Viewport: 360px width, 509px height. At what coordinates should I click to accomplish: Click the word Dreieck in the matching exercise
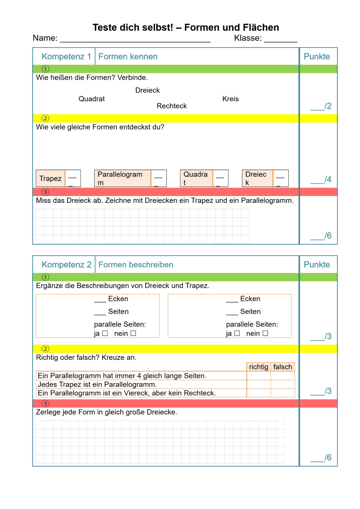147,90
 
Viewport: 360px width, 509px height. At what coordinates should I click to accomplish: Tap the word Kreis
231,99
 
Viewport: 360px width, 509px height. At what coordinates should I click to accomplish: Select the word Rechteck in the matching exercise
172,106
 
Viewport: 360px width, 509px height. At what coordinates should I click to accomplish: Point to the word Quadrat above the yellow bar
92,99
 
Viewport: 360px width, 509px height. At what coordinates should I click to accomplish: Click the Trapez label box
51,179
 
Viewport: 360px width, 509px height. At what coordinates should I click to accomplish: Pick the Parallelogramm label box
122,179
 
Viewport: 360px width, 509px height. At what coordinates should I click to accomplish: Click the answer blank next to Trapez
73,179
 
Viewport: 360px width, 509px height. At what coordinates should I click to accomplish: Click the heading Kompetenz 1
66,56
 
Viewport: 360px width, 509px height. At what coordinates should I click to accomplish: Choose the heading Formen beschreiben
136,265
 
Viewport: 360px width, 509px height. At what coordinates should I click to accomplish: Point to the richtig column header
259,367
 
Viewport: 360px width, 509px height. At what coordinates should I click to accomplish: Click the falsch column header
283,367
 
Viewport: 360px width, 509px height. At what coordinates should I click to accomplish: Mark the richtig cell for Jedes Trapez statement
259,384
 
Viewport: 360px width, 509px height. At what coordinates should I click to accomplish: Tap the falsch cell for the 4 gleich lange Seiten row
283,376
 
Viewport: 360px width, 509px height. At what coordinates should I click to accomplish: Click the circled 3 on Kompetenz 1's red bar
45,192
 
